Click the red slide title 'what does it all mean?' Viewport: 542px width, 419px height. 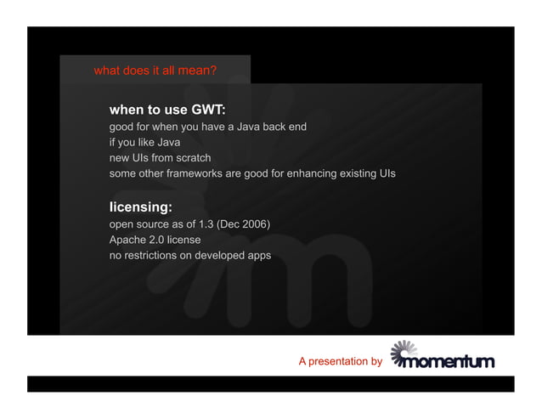click(155, 71)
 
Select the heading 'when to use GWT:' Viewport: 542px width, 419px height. click(167, 110)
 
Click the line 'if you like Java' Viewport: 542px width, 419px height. click(144, 142)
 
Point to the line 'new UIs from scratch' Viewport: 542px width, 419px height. click(160, 158)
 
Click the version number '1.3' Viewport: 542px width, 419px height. click(206, 224)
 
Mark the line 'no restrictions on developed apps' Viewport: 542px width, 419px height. click(190, 255)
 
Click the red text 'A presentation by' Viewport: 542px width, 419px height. click(340, 362)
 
